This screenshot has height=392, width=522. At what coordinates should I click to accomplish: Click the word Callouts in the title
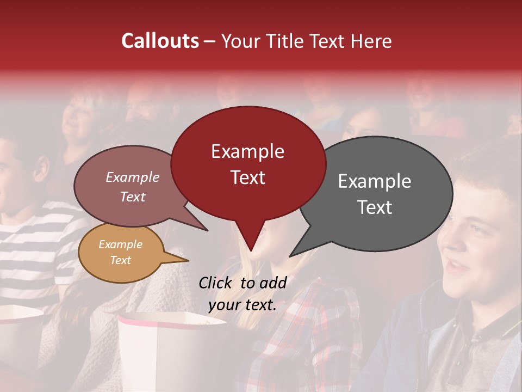[160, 41]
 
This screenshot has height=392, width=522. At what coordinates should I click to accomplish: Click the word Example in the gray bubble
[375, 181]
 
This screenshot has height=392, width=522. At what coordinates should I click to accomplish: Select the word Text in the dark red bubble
[248, 177]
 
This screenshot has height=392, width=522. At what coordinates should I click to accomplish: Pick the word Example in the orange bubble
[120, 244]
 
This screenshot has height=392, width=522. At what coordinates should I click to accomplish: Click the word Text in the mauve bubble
[133, 197]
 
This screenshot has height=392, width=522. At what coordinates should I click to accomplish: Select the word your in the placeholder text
[225, 305]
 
